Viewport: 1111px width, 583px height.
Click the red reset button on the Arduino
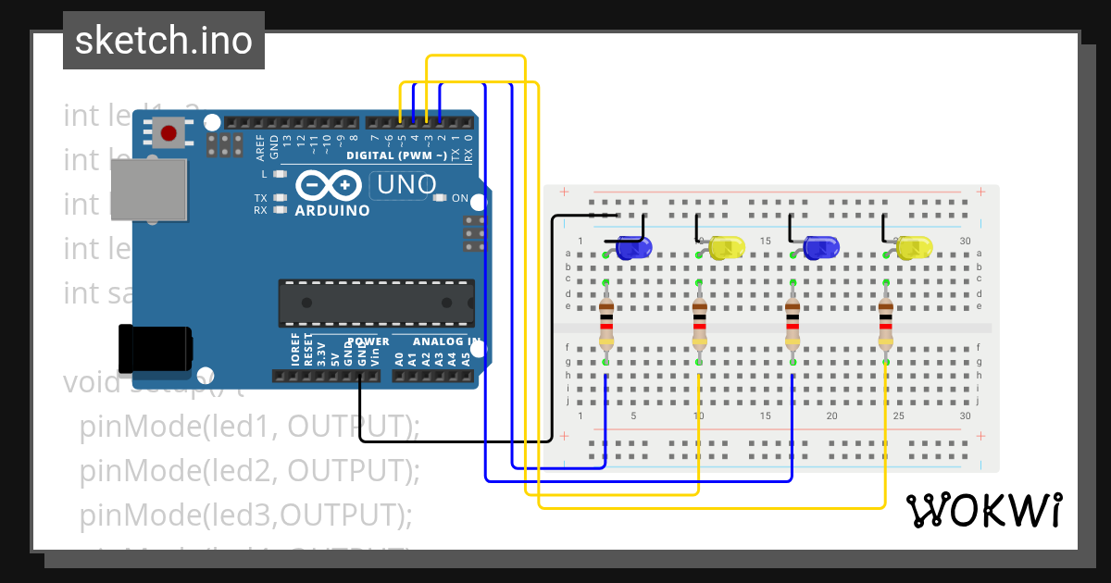coord(169,133)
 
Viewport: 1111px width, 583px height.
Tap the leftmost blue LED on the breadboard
coord(634,248)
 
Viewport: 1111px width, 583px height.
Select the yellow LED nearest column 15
coord(727,247)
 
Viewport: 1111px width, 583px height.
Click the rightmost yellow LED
coord(914,247)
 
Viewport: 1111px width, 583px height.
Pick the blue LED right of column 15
coord(820,247)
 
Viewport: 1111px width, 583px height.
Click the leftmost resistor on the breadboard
coord(606,324)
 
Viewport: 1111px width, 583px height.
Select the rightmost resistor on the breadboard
coord(886,324)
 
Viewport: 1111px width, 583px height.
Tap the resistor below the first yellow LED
coord(699,324)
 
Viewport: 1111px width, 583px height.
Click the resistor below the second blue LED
coord(793,324)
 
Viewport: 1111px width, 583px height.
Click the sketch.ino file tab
coord(164,41)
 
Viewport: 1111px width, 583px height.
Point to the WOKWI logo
coord(984,510)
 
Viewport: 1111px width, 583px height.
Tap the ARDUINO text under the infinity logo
coord(331,210)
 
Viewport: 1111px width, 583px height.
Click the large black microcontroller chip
coord(376,303)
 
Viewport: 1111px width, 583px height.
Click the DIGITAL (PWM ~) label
coord(396,155)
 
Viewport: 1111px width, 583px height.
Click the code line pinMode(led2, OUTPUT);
coord(250,470)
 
